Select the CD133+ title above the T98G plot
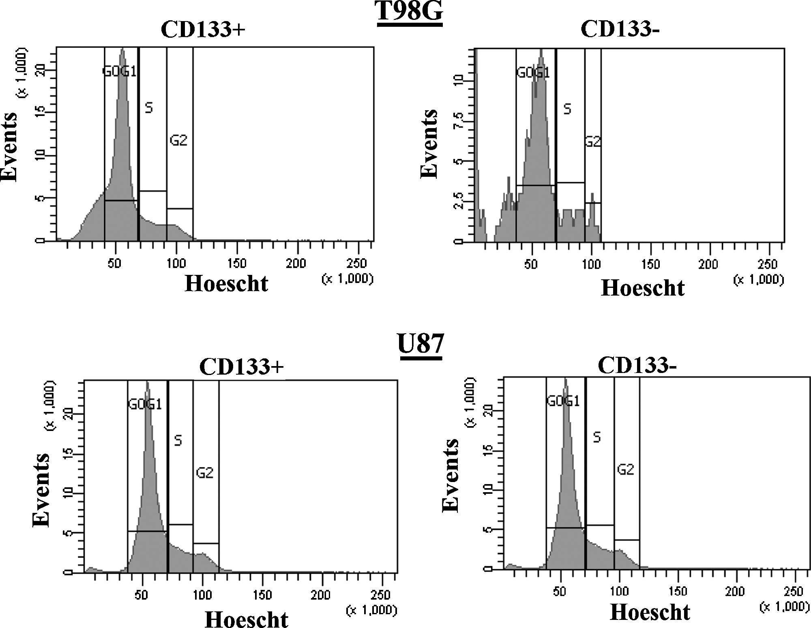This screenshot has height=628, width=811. pos(203,30)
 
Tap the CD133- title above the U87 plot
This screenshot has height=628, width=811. pos(637,366)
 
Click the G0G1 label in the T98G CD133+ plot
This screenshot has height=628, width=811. pos(119,72)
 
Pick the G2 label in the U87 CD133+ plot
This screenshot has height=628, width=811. pos(204,473)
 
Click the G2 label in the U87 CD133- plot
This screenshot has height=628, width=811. pos(625,469)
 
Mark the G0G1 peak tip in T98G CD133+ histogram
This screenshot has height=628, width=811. pos(122,50)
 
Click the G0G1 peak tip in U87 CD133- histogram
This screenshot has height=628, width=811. pos(565,379)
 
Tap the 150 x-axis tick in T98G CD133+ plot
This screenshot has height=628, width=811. pos(236,264)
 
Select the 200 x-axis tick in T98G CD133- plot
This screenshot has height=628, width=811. pos(708,265)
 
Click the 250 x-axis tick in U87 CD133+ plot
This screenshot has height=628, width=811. pos(380,595)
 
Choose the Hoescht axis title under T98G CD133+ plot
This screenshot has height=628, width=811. pos(226,283)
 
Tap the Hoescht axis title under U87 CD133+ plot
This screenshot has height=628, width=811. pos(247,619)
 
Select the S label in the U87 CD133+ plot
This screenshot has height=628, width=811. pos(178,441)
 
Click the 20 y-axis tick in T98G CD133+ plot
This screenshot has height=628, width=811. pos(39,71)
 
